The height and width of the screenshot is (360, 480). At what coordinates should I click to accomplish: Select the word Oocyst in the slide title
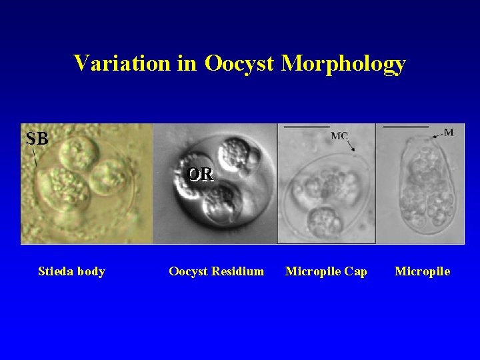coord(240,63)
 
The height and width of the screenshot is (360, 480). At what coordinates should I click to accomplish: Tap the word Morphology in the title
coord(343,63)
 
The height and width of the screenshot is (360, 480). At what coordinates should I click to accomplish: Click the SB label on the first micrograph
coord(37,139)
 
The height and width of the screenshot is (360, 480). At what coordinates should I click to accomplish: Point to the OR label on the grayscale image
coord(201,174)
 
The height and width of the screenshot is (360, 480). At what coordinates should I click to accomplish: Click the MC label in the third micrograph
coord(339,136)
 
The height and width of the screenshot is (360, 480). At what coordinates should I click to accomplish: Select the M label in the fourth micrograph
coord(449,132)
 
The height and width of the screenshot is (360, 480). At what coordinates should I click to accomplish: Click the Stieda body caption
coord(71,271)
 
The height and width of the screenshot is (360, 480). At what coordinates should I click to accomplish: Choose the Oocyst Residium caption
coord(216,271)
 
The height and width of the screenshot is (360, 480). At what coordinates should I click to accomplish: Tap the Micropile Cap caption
coord(326,271)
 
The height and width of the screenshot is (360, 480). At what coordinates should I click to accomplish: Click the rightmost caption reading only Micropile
coord(422,271)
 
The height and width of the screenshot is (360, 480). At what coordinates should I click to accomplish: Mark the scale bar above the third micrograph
coord(307,126)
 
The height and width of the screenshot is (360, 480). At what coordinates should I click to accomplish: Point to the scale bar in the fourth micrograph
coord(405,126)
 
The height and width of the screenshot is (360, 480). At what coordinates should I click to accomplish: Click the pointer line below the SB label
coord(34,157)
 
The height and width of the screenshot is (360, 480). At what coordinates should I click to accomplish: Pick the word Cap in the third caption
coord(357,271)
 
